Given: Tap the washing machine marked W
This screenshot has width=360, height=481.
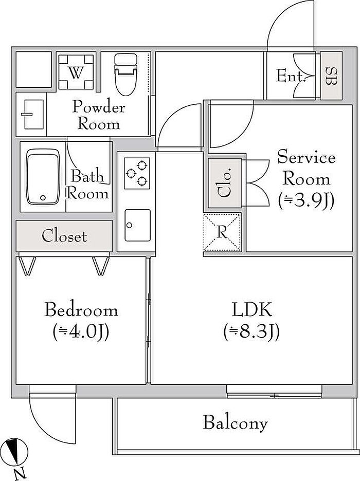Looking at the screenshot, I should (76, 72).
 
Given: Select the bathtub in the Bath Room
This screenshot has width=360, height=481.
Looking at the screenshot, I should (43, 176).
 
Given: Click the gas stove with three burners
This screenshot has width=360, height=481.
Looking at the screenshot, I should (137, 172).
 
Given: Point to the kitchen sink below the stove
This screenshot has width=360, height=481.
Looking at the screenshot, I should (137, 225).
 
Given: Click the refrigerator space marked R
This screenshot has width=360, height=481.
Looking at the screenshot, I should (222, 232).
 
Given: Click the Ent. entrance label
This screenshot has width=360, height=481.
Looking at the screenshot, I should (291, 77).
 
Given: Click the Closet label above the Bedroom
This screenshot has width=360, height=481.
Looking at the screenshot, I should (64, 236).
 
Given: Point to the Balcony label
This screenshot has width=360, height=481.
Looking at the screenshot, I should (235, 423).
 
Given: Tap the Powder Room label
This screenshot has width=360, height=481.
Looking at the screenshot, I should (98, 115).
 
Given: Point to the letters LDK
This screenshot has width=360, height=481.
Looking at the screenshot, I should (251, 310).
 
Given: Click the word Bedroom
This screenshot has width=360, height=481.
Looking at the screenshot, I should (81, 310).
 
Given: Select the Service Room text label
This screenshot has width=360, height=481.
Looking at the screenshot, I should (306, 168).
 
